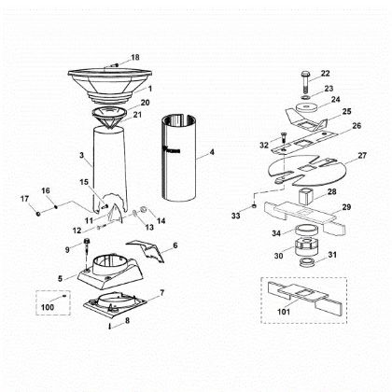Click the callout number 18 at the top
pyautogui.click(x=134, y=57)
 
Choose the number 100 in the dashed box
pyautogui.click(x=47, y=306)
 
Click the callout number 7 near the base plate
pyautogui.click(x=164, y=293)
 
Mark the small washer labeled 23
pyautogui.click(x=304, y=91)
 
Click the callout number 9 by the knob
pyautogui.click(x=67, y=248)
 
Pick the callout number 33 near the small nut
pyautogui.click(x=235, y=216)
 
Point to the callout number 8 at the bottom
pyautogui.click(x=128, y=320)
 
